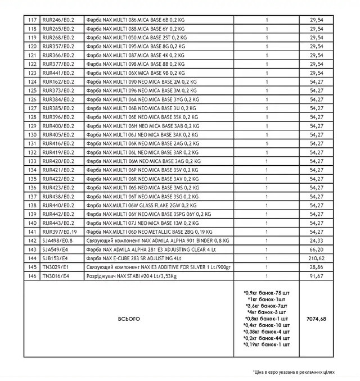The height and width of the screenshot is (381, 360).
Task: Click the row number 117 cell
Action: [x=33, y=20]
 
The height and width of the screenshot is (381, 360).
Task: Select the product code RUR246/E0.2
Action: [x=62, y=20]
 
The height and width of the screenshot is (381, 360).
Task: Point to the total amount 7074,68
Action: [x=317, y=319]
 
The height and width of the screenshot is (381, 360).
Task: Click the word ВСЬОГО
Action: [x=129, y=319]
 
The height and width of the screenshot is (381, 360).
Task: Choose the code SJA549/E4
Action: [x=59, y=249]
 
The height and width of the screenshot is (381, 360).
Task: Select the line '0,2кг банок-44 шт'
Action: [x=267, y=338]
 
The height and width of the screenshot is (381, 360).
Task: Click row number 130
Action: [x=33, y=135]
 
